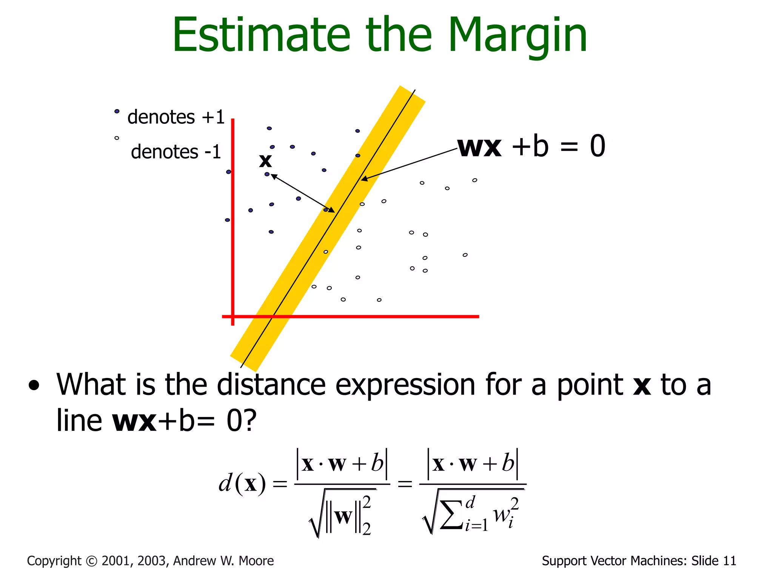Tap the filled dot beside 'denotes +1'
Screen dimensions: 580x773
tap(117, 111)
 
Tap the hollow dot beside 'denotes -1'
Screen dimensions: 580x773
tap(117, 138)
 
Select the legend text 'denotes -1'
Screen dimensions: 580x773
tap(176, 152)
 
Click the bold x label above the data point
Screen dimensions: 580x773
tap(265, 161)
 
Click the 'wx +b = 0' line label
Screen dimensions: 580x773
tap(531, 147)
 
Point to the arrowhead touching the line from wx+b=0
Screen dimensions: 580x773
tap(363, 179)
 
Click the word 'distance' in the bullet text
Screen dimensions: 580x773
tap(271, 385)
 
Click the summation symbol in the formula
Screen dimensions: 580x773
tap(451, 514)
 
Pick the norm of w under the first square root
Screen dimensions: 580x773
tap(343, 517)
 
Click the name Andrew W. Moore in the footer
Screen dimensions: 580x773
tap(223, 561)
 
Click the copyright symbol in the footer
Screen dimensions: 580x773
tap(92, 561)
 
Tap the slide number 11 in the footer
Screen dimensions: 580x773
tap(729, 561)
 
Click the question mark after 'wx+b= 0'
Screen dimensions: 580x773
tap(250, 421)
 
